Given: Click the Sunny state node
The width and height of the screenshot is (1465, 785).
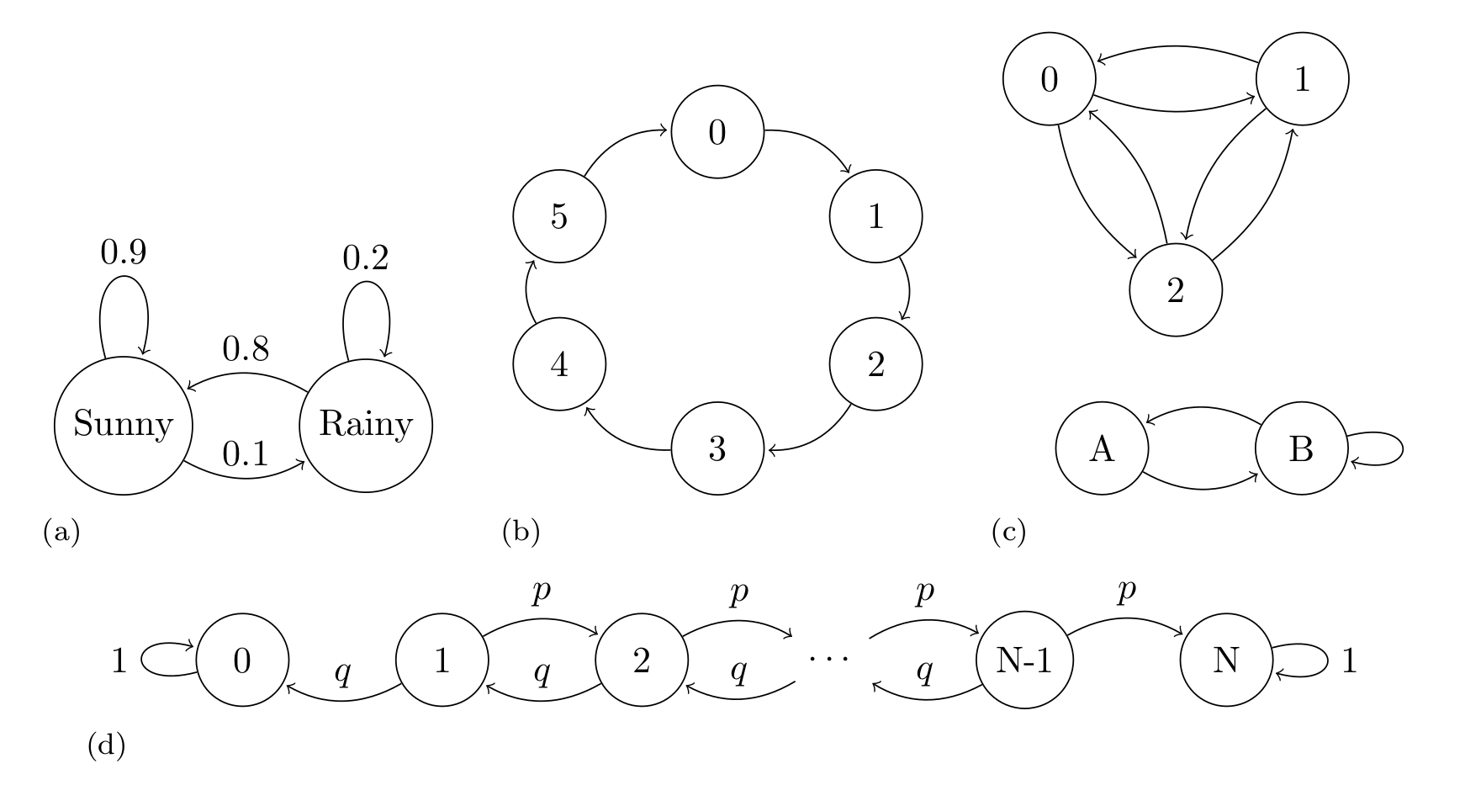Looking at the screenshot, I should pos(124,424).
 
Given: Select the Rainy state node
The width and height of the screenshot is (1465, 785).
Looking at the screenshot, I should pos(366,424).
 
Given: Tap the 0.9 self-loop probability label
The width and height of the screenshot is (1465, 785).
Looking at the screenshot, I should pos(124,252).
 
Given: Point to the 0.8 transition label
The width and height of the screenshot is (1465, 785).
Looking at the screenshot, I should pos(246,349).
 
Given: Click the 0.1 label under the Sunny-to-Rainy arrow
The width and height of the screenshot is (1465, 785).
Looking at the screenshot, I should pos(246,455).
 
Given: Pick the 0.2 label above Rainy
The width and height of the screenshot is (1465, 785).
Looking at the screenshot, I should pos(366,258).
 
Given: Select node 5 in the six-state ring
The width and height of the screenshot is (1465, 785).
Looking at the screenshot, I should pos(559,217).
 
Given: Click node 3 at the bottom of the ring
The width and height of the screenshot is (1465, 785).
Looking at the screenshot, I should pos(717,449).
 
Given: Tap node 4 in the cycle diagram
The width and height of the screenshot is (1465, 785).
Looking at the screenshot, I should pos(559,365).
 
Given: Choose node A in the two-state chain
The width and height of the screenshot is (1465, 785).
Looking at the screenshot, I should pos(1102,449).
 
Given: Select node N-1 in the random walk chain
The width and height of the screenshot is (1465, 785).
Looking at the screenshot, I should pos(1024,662).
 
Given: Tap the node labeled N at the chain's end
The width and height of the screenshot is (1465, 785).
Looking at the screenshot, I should pos(1226,662).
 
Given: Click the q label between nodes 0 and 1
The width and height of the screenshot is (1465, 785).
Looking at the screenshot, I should pos(342,673).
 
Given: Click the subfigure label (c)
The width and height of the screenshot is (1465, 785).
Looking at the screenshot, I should pos(1009,532).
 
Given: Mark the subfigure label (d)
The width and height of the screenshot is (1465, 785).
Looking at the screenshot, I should pos(107,745).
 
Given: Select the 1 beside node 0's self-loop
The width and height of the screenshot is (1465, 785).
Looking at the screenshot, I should pos(119,662).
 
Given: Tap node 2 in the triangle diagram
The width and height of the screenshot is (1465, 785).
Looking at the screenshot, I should pos(1176,291).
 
